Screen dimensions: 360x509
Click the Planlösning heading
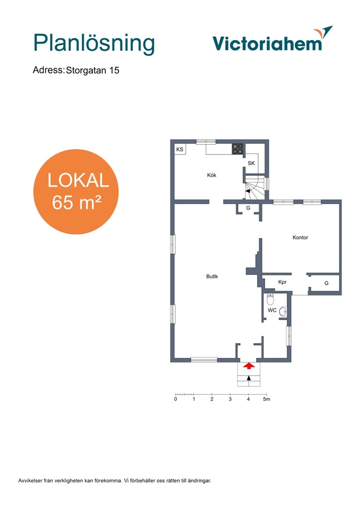[94, 44]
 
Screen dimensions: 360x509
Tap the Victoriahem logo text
[267, 44]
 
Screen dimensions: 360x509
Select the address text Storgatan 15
[92, 71]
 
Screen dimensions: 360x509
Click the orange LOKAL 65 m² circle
[76, 191]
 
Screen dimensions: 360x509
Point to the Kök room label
[212, 175]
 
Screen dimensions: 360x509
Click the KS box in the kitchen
[180, 149]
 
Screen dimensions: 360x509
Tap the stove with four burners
[238, 149]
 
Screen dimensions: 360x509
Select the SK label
[251, 163]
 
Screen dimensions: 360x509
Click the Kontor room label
[300, 238]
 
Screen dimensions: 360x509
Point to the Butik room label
[212, 276]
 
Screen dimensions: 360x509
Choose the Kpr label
[282, 282]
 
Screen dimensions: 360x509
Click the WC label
[272, 310]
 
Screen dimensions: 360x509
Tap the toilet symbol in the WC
[270, 299]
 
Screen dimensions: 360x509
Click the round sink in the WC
[283, 312]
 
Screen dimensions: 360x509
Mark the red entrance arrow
[249, 366]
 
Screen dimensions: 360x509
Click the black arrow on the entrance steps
[249, 378]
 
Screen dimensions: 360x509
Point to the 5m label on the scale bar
[267, 399]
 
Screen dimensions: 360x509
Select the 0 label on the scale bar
[176, 399]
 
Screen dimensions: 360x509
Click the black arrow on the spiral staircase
[248, 191]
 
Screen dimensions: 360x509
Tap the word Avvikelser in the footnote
[30, 481]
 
